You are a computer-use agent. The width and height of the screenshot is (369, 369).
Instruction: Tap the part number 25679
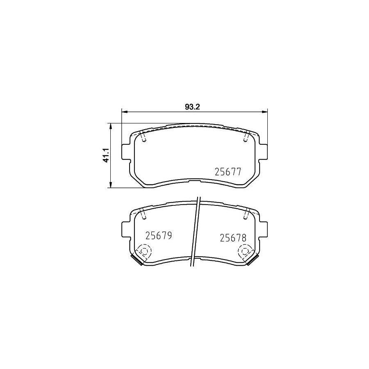click(x=158, y=236)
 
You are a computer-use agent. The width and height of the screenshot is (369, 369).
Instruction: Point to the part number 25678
click(x=232, y=237)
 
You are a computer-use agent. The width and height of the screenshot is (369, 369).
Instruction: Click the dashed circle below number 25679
click(x=144, y=251)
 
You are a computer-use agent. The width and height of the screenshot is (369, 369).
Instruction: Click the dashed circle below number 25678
click(x=245, y=251)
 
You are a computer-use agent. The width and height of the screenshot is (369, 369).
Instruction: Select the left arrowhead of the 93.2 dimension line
click(x=124, y=111)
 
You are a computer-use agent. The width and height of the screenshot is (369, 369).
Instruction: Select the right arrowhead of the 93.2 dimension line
click(x=265, y=111)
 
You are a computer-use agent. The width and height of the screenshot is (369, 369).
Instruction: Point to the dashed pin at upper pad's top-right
click(x=246, y=137)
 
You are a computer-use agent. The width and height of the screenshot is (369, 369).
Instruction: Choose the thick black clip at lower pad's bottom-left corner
click(x=135, y=260)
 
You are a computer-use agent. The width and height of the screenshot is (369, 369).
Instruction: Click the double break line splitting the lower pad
click(x=195, y=234)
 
